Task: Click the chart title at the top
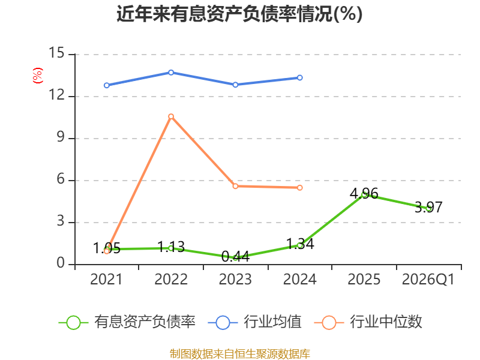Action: (x=239, y=14)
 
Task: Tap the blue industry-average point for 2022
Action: (x=171, y=73)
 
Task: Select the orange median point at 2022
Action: (x=171, y=116)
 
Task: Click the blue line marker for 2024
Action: (x=299, y=78)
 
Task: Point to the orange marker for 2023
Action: (x=235, y=186)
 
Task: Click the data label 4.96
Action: (x=364, y=193)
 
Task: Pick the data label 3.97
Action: (x=428, y=207)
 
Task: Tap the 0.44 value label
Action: (x=235, y=257)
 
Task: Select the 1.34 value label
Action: (x=300, y=244)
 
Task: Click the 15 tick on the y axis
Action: (x=56, y=53)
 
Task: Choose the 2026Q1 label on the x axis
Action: (x=428, y=279)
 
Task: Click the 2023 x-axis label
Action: (x=235, y=279)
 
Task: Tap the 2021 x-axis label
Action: (x=106, y=279)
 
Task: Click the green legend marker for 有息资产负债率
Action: (x=73, y=323)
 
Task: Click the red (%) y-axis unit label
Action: (x=38, y=76)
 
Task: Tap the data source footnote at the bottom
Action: (x=240, y=354)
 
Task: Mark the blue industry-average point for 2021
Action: (x=107, y=85)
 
